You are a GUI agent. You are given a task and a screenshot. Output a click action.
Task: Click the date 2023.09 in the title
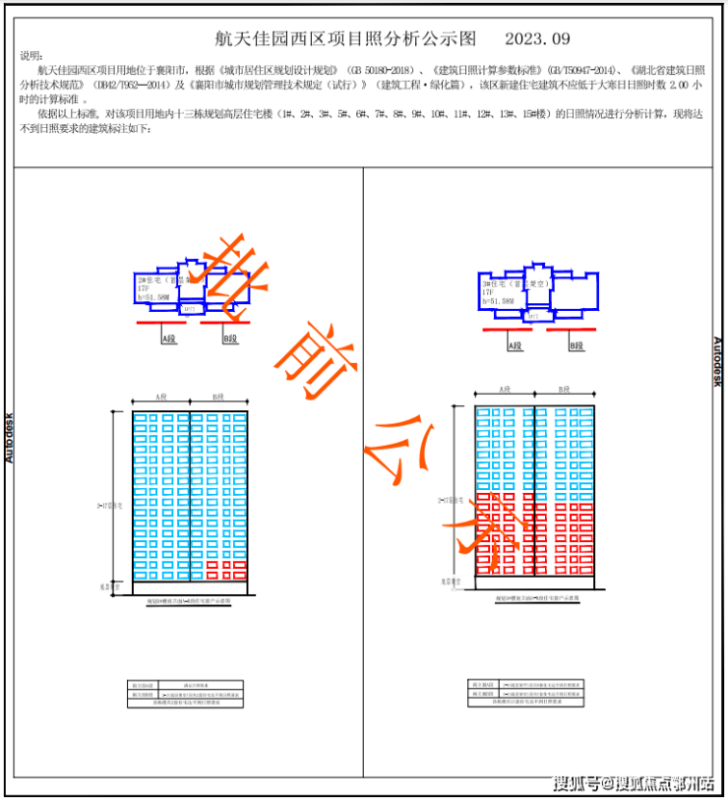(x=537, y=39)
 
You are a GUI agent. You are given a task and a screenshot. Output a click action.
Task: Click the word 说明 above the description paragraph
(x=32, y=57)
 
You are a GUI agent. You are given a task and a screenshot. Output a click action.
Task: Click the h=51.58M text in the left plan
(x=154, y=295)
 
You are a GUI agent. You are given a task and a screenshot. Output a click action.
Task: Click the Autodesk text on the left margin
(x=10, y=437)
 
